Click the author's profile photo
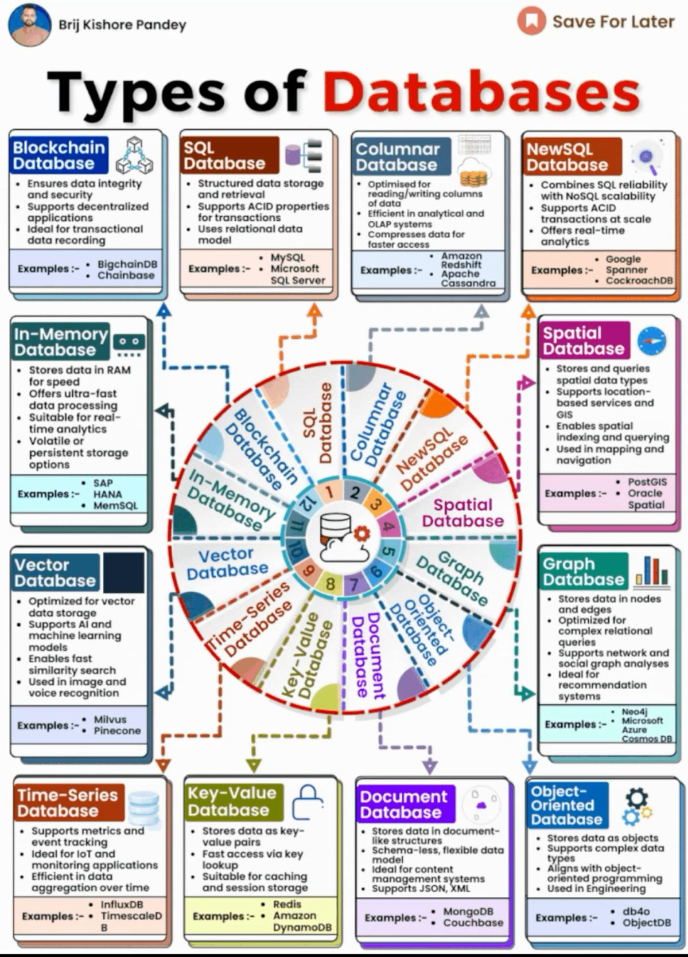pyautogui.click(x=29, y=25)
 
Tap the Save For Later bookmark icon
pyautogui.click(x=531, y=21)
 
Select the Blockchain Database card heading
pyautogui.click(x=59, y=155)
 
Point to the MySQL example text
pyautogui.click(x=288, y=257)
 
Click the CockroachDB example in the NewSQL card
pyautogui.click(x=639, y=280)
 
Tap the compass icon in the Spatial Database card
pyautogui.click(x=651, y=341)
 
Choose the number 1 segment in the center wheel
pyautogui.click(x=329, y=491)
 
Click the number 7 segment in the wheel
pyautogui.click(x=354, y=584)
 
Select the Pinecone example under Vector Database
pyautogui.click(x=117, y=731)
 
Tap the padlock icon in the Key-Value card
pyautogui.click(x=308, y=801)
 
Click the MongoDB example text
pyautogui.click(x=468, y=911)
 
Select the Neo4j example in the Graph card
pyautogui.click(x=634, y=711)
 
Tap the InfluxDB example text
pyautogui.click(x=122, y=904)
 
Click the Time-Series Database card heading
pyautogui.click(x=67, y=803)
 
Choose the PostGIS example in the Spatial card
pyautogui.click(x=647, y=482)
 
